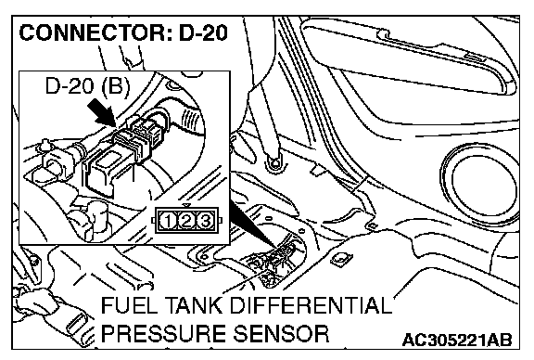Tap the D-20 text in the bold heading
(203, 33)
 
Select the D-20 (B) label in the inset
(88, 86)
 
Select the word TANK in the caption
(188, 305)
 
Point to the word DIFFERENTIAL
(311, 305)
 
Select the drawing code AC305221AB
(457, 340)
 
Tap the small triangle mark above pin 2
(186, 206)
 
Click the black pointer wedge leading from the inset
(254, 224)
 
